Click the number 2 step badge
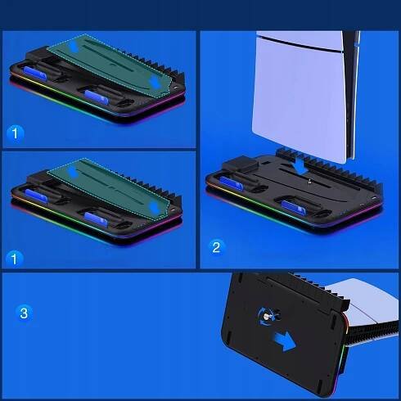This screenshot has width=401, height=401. tap(216, 247)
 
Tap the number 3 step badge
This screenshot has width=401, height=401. tap(24, 313)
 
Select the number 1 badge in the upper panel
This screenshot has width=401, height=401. tap(15, 133)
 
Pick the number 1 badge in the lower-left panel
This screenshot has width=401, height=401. tap(14, 258)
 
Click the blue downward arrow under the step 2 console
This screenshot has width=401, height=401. tap(301, 166)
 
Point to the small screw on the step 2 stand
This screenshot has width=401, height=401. tap(309, 180)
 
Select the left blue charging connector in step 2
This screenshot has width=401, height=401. tap(231, 182)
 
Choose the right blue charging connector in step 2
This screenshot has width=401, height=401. tap(293, 207)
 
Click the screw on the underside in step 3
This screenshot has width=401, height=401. tap(265, 317)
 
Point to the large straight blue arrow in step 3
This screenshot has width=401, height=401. tap(284, 341)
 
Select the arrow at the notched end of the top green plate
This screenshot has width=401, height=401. tap(155, 82)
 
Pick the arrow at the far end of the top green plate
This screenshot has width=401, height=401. tap(73, 47)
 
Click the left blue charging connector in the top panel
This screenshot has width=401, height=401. tap(34, 73)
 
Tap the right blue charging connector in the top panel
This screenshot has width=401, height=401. tap(96, 97)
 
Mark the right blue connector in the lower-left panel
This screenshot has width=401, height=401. tap(96, 219)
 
